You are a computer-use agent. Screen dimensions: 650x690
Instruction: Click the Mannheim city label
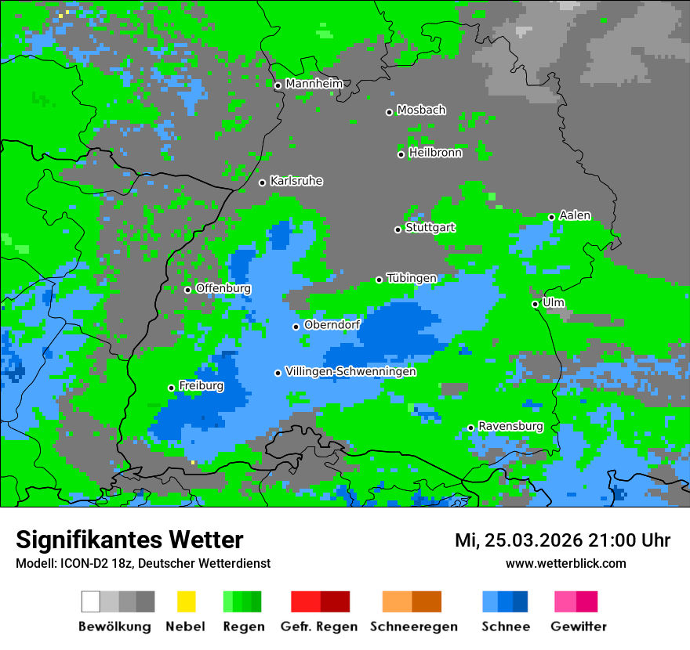[314, 84]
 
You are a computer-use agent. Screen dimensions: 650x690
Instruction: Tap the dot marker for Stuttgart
[398, 229]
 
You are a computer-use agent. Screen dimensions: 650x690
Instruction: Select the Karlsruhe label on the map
[296, 181]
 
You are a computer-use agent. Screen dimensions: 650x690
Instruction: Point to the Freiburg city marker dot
[171, 388]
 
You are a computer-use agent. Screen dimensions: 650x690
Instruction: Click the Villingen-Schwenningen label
[350, 371]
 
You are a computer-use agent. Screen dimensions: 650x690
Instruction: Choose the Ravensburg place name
[510, 426]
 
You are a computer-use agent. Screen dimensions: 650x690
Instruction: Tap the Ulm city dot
[535, 304]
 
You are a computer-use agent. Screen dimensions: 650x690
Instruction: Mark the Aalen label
[575, 215]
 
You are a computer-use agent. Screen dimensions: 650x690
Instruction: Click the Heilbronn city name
[435, 153]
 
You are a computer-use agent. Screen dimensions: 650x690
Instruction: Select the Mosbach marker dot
[389, 112]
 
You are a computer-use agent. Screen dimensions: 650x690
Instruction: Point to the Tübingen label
[412, 278]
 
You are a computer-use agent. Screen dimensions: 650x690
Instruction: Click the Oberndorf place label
[332, 324]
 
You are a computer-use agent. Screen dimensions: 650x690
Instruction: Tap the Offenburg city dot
[187, 290]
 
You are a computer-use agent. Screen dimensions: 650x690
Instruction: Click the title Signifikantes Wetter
[129, 540]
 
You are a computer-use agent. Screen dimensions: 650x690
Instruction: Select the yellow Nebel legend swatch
[186, 601]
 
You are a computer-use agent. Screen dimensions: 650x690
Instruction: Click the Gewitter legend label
[579, 627]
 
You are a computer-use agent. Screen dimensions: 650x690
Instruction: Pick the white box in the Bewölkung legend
[91, 601]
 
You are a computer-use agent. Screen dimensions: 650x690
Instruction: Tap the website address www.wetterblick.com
[565, 563]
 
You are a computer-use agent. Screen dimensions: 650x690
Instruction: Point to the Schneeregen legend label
[414, 627]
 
